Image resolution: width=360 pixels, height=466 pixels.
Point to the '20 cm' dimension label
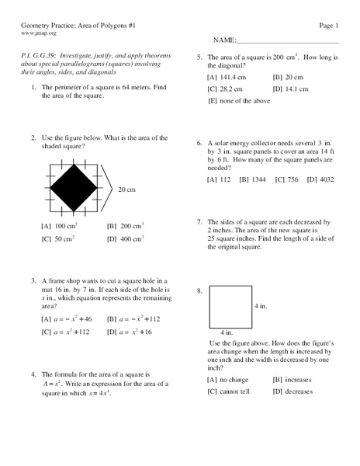[127, 189]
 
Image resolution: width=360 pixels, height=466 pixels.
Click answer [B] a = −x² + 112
[133, 318]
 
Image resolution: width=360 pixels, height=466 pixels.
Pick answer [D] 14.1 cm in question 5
[296, 89]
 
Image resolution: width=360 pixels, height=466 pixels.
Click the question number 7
[199, 221]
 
